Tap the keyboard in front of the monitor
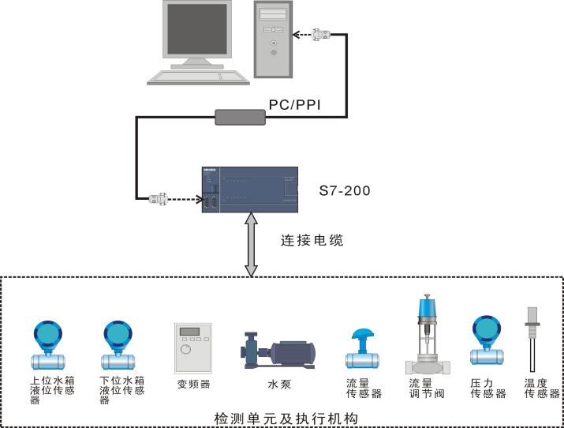pyautogui.click(x=198, y=77)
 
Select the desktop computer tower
pyautogui.click(x=273, y=39)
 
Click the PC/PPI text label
pyautogui.click(x=295, y=104)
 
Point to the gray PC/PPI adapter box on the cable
pyautogui.click(x=241, y=118)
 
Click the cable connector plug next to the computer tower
pyautogui.click(x=321, y=34)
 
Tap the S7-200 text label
pyautogui.click(x=344, y=191)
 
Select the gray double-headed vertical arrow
pyautogui.click(x=252, y=248)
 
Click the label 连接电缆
pyautogui.click(x=312, y=240)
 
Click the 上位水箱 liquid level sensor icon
pyautogui.click(x=47, y=345)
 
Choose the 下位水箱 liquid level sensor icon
pyautogui.click(x=118, y=345)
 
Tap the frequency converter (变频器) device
pyautogui.click(x=193, y=347)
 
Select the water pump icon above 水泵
pyautogui.click(x=278, y=352)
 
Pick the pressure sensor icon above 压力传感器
pyautogui.click(x=487, y=340)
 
